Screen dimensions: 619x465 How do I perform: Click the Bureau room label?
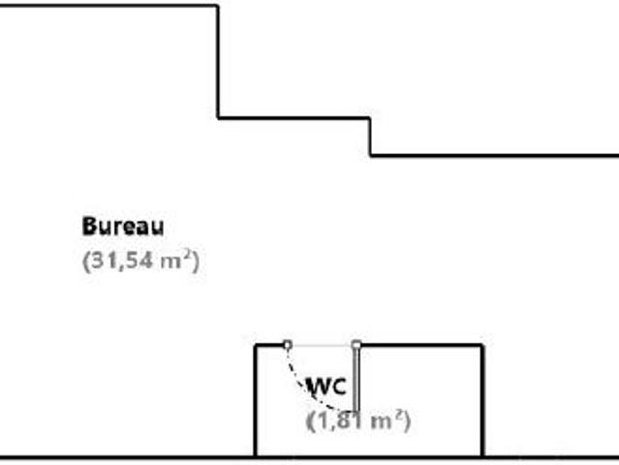point(123,226)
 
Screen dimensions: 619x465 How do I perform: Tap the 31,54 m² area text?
point(140,261)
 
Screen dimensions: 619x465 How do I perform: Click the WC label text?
point(326,387)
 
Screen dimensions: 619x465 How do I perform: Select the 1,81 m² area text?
point(358,420)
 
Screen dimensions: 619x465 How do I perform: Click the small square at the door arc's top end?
point(288,345)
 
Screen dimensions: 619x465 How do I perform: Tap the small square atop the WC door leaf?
point(356,345)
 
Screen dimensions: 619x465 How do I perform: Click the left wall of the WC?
point(256,401)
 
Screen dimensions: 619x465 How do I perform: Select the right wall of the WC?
point(482,401)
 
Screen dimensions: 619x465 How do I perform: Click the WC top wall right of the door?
point(421,346)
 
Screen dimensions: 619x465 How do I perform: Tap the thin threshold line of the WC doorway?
point(322,345)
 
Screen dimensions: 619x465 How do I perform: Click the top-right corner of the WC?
point(482,346)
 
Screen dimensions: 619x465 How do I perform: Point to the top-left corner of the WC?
point(256,346)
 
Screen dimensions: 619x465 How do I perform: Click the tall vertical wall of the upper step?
point(218,62)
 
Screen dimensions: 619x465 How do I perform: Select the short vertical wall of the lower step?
point(370,137)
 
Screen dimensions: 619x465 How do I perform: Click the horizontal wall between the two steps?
point(294,117)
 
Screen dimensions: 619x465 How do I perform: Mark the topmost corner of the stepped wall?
point(218,6)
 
